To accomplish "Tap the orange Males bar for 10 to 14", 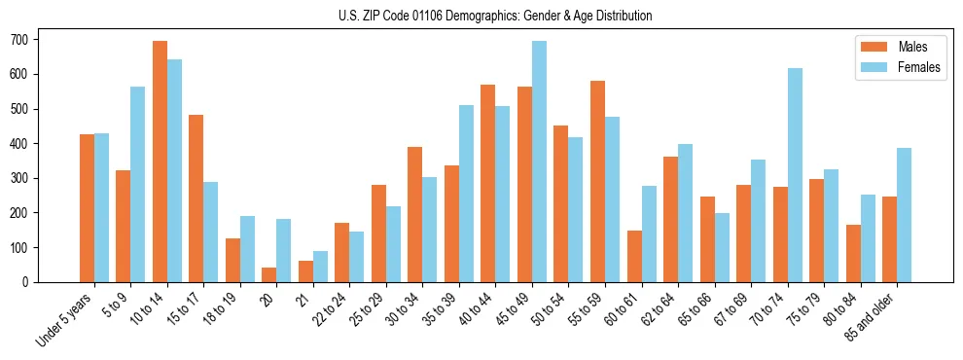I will pos(160,162).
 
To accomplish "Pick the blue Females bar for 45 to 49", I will pos(539,162).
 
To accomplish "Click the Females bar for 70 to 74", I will pos(795,175).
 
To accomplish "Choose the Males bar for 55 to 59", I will pos(597,181).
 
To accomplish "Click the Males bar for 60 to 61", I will pos(634,256).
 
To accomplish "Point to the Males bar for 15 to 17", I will pos(196,198).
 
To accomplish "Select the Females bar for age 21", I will pos(320,267).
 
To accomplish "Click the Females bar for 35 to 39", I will pos(466,194).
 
